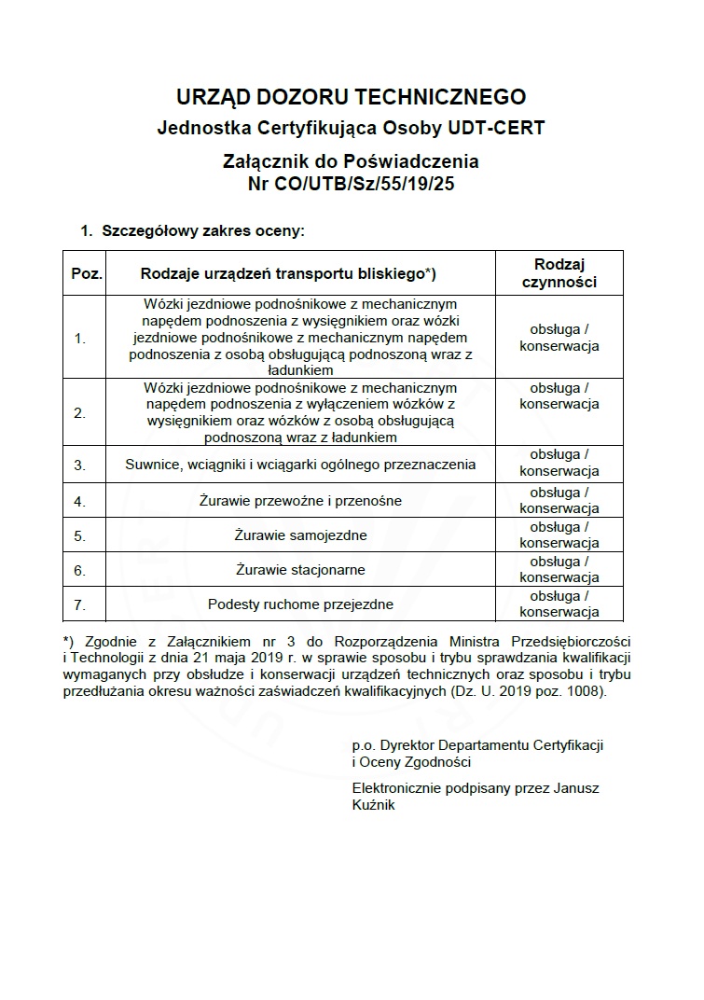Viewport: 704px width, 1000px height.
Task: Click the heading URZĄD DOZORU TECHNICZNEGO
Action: tap(351, 96)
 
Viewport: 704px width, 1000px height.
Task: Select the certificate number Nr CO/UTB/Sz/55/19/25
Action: tap(351, 184)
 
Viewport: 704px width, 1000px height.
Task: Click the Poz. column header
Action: tap(86, 273)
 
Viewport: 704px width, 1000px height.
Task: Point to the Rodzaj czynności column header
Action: tap(559, 273)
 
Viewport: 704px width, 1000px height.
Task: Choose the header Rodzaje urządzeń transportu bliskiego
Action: tap(288, 273)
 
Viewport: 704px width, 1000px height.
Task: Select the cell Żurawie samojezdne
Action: tap(300, 535)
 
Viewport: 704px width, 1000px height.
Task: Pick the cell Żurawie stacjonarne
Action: tap(300, 570)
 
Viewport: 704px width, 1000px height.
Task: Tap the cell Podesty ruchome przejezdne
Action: tap(300, 604)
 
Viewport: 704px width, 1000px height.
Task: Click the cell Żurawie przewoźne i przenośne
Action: tap(300, 501)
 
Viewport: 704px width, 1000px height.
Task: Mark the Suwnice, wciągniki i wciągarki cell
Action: tap(300, 465)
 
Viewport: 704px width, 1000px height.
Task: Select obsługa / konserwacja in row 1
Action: tap(559, 338)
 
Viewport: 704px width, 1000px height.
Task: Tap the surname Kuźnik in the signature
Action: tap(374, 804)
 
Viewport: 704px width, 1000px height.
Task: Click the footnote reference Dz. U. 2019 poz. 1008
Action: tap(528, 693)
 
